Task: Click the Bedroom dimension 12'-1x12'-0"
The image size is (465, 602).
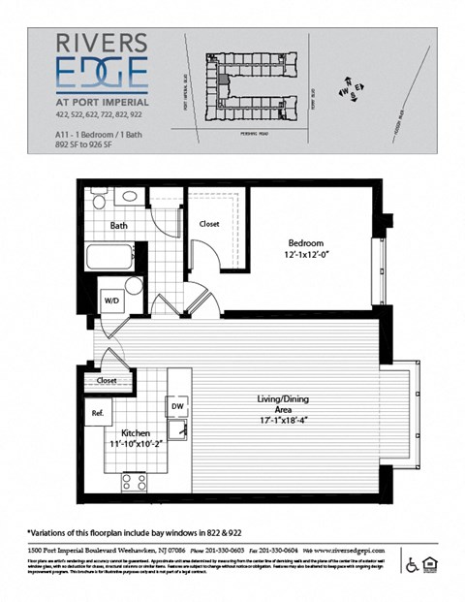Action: point(311,255)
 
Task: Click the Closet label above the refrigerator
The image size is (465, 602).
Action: point(107,381)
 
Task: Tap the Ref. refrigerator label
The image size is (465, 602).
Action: point(98,413)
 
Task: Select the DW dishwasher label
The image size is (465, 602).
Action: point(177,405)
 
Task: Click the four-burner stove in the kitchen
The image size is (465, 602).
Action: point(134,481)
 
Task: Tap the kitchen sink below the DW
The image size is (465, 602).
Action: point(177,428)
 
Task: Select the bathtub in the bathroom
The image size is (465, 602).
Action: point(109,259)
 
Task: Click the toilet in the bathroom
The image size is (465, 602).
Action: point(100,199)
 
